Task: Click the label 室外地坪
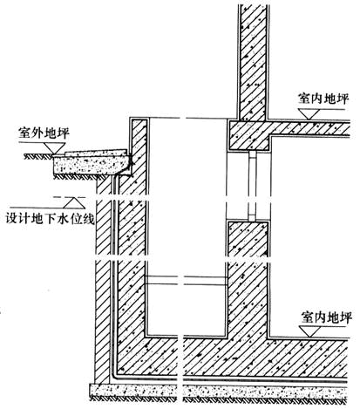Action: (44, 133)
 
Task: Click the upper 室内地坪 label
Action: (323, 99)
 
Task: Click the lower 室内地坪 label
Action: (326, 317)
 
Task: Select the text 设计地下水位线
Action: (51, 219)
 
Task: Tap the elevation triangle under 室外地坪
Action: (54, 148)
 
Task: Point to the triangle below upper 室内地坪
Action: (309, 114)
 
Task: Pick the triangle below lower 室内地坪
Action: (309, 331)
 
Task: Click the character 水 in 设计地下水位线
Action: (64, 219)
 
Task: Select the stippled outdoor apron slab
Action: (92, 165)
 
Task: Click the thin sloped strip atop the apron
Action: (96, 153)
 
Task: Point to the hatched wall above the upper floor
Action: (253, 61)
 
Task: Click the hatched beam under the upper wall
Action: (250, 135)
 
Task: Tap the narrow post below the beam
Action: (252, 186)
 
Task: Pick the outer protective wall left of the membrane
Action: (103, 279)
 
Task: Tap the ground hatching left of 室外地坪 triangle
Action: (37, 157)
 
